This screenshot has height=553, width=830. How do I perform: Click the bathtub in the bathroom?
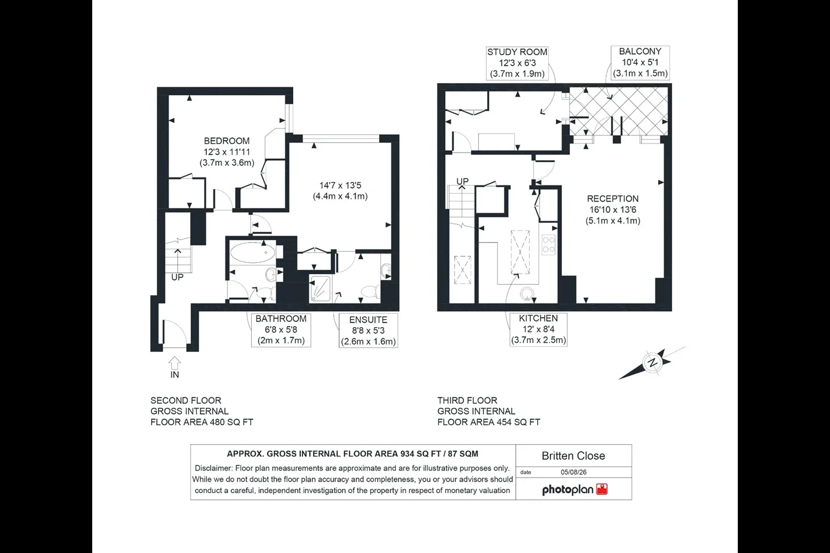(x=252, y=253)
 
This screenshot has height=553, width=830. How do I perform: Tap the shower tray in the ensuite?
(x=320, y=288)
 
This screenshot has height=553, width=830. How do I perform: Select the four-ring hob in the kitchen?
(x=549, y=244)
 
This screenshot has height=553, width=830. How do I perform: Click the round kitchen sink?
(x=527, y=294)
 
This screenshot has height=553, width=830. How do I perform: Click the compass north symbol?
(x=653, y=362)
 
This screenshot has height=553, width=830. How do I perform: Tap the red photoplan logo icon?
(x=602, y=489)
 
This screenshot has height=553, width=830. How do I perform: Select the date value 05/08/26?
(x=574, y=472)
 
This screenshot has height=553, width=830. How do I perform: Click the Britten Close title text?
(x=573, y=456)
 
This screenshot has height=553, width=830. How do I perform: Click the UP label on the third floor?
(x=462, y=181)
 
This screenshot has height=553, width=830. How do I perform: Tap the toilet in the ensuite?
(x=371, y=291)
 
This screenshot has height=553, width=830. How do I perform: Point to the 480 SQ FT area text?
(x=232, y=422)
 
